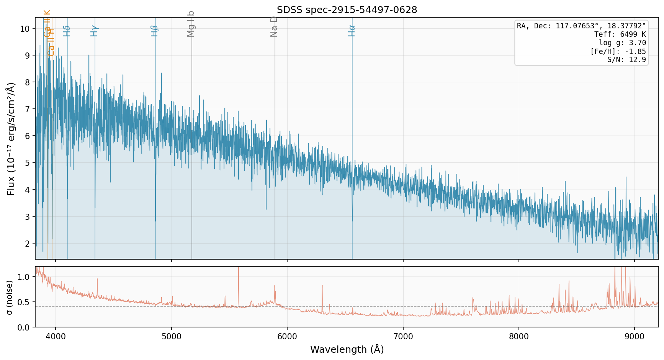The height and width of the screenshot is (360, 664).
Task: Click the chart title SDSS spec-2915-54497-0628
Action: point(347,10)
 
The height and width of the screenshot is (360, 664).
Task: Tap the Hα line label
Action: point(352,31)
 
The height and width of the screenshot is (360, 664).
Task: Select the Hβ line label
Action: point(155,31)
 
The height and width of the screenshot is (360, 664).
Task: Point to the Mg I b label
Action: point(191,24)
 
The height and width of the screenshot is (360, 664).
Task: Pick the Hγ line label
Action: point(95,31)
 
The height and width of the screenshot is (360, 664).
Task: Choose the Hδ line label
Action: point(67,31)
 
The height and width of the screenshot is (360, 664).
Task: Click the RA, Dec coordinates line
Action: point(581,26)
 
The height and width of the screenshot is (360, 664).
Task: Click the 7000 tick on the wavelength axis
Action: point(403,336)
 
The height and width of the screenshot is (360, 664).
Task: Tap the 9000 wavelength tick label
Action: point(635,336)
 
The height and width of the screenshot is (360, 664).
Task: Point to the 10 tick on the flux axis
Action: point(25,29)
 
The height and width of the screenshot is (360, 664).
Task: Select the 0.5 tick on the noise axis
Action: point(24,302)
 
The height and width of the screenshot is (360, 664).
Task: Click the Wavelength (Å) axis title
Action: point(347,349)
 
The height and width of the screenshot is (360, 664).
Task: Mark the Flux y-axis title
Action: point(11,139)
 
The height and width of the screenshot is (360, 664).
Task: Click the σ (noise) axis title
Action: point(10,297)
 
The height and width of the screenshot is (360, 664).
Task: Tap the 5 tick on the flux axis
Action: point(27,163)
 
